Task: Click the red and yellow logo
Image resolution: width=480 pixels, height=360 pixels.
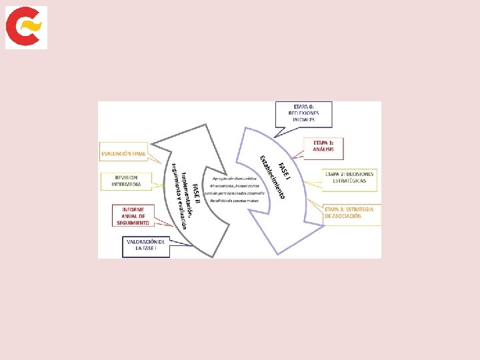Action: (26, 27)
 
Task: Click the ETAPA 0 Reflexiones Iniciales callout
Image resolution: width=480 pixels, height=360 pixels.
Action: (303, 113)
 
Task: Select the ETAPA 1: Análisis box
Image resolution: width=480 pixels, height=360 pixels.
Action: (324, 146)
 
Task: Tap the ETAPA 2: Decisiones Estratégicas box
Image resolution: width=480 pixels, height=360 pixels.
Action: (350, 178)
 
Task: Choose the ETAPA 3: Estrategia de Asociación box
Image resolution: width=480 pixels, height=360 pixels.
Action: (352, 213)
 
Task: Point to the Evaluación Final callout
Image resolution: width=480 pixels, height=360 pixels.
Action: (123, 154)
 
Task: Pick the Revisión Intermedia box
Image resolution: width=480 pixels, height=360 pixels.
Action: (127, 181)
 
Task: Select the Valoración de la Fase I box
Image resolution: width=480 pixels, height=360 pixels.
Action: (145, 246)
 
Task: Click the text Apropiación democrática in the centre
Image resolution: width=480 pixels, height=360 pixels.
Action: (235, 178)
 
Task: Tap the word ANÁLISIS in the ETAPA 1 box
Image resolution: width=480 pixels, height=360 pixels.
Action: (324, 149)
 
